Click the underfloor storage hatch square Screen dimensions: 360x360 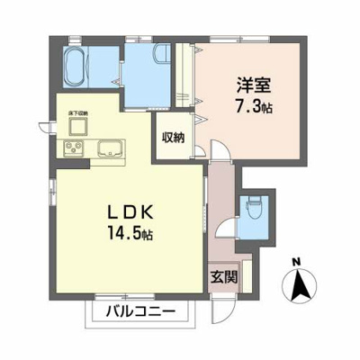[x=76, y=124]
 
